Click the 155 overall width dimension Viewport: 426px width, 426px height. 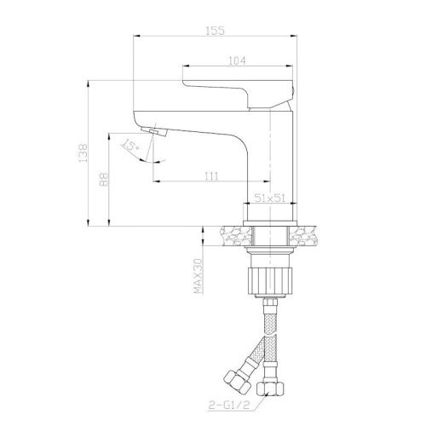[215, 31]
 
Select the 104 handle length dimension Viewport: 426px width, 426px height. [237, 60]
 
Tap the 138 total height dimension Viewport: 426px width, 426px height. [83, 153]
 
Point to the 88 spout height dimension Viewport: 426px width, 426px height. [104, 179]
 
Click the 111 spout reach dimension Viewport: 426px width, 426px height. [211, 176]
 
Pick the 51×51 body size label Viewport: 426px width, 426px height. [269, 198]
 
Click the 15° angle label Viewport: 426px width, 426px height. [130, 146]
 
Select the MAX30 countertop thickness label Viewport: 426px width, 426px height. [199, 276]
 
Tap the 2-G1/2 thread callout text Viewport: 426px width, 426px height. [228, 406]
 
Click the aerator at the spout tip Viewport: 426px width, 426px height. [154, 132]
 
